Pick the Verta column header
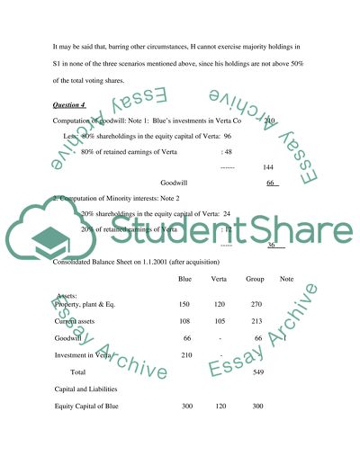pyautogui.click(x=219, y=278)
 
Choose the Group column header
pyautogui.click(x=255, y=278)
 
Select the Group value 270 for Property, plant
pyautogui.click(x=255, y=304)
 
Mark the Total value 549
pyautogui.click(x=258, y=371)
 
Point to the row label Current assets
pyautogui.click(x=78, y=321)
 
